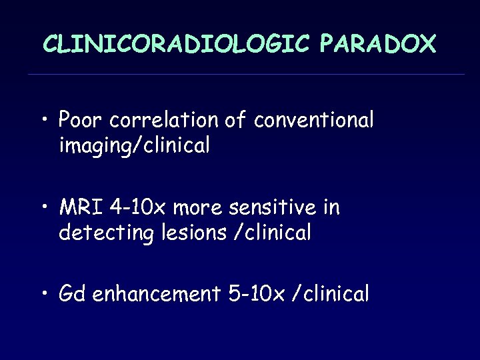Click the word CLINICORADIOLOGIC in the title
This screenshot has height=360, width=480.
(x=176, y=44)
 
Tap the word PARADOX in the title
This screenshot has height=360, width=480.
(x=377, y=44)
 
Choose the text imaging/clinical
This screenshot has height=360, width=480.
(x=135, y=145)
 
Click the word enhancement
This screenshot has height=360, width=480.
(x=157, y=293)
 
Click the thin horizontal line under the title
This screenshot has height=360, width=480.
(x=247, y=74)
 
